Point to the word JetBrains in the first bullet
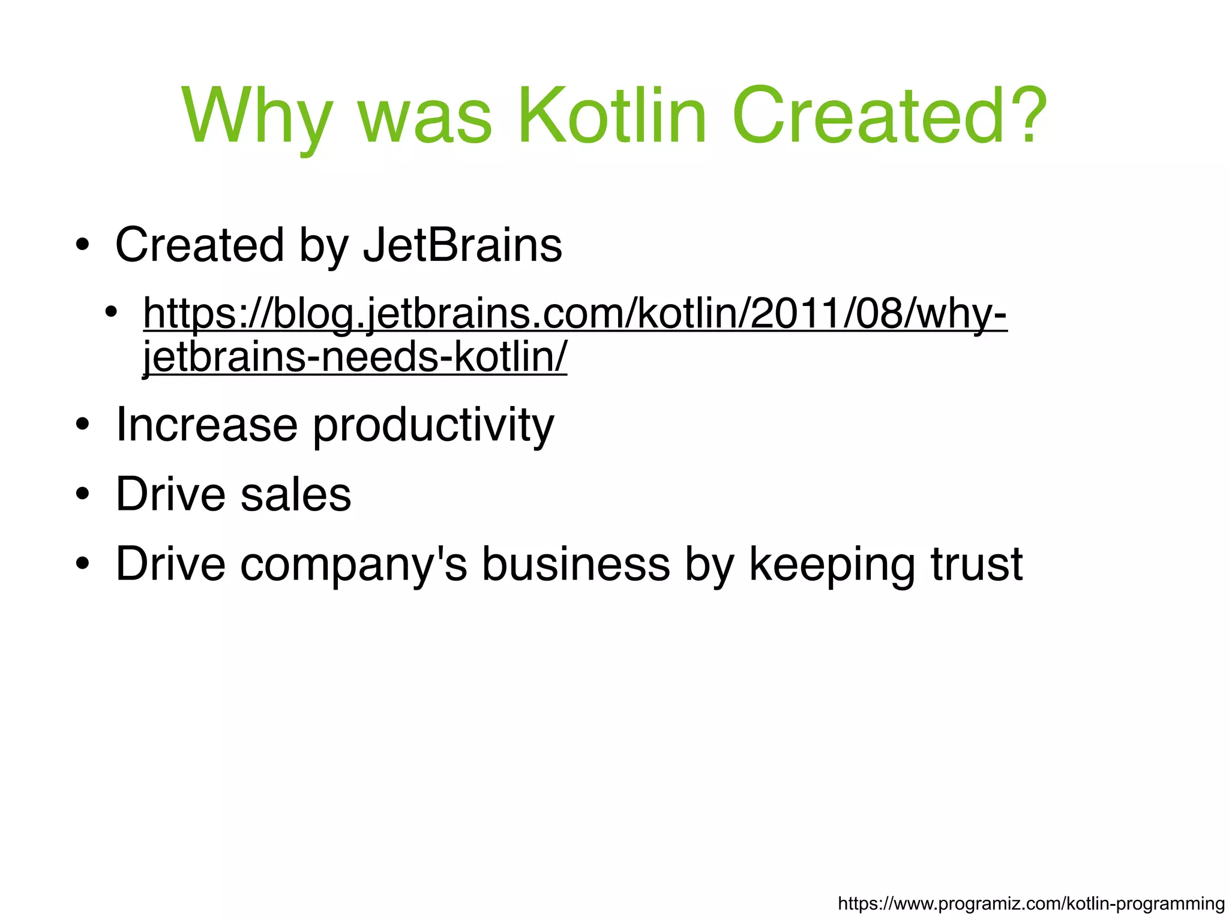pos(463,245)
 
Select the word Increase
pos(206,425)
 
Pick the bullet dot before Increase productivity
pos(82,425)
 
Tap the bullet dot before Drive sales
pos(82,495)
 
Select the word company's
pos(353,565)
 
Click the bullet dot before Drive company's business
pos(82,564)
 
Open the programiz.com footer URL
pos(1031,903)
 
